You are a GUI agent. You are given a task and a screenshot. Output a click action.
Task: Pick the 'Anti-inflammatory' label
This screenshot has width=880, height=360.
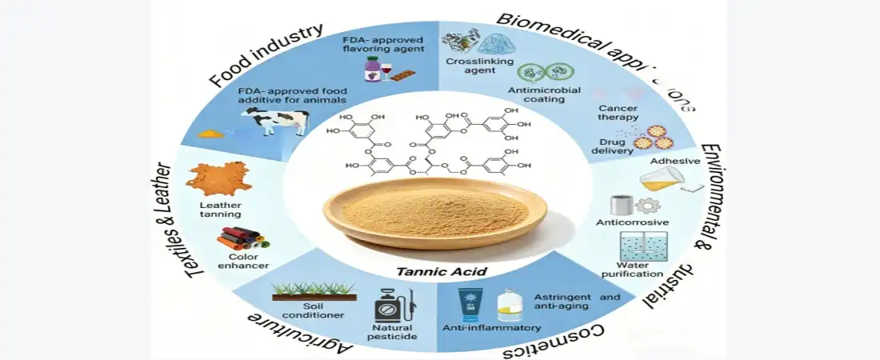[x=491, y=328]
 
